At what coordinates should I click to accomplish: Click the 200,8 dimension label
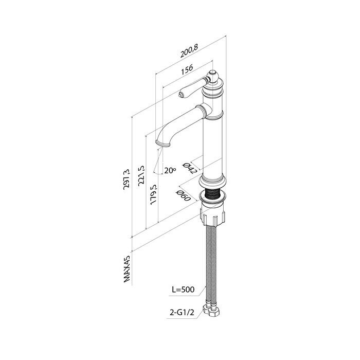pos(189,51)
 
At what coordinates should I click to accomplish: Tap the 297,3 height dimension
pos(127,179)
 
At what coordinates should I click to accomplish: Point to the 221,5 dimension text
pos(141,175)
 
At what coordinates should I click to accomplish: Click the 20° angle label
pos(170,171)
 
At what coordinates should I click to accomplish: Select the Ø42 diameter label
pos(190,168)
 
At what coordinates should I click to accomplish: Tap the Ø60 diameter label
pos(183,195)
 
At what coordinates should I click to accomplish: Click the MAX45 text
pos(127,269)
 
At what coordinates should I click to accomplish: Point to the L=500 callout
pos(184,290)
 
